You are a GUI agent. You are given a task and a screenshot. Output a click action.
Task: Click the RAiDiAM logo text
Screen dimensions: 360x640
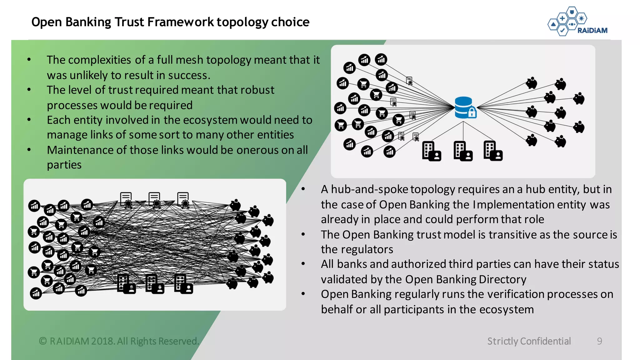[592, 30]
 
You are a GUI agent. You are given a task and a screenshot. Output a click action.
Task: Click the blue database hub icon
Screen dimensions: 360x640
[464, 107]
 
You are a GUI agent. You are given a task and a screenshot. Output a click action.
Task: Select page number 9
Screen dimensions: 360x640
[599, 341]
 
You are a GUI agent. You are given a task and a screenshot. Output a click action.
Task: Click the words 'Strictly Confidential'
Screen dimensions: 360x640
[529, 341]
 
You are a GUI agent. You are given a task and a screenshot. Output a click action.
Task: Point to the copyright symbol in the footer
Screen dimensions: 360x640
[43, 341]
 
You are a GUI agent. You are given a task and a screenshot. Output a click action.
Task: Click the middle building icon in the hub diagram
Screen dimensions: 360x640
[462, 151]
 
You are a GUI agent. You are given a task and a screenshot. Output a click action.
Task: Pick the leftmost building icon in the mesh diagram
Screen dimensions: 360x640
[126, 284]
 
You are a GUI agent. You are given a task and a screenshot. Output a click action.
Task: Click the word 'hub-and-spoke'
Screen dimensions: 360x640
[369, 189]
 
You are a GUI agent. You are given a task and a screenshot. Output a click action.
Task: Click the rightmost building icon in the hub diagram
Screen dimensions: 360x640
[492, 151]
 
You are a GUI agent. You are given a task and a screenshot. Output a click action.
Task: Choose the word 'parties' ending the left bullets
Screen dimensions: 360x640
[64, 165]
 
